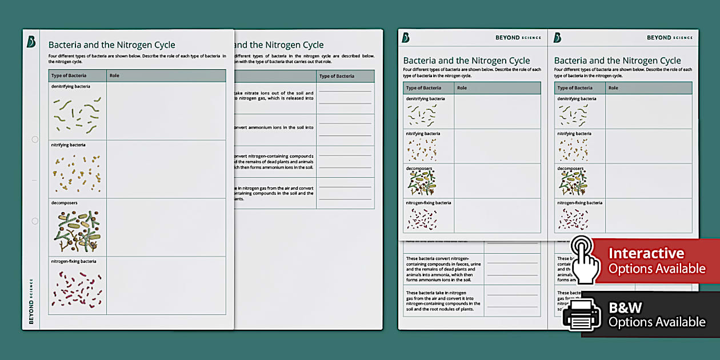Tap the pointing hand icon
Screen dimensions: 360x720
click(584, 260)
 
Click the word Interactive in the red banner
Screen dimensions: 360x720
click(646, 253)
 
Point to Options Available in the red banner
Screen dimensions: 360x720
click(657, 269)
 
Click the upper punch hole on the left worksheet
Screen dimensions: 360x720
click(35, 139)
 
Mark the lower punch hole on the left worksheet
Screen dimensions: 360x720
click(35, 221)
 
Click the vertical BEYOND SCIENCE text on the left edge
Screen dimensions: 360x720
click(31, 301)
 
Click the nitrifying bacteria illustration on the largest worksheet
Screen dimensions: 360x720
click(78, 173)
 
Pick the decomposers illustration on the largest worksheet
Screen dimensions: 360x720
click(78, 231)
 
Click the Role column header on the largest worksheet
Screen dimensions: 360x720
click(114, 76)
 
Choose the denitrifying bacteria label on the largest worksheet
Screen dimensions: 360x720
click(71, 86)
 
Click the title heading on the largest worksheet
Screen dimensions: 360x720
click(111, 45)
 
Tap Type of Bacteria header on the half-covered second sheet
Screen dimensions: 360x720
click(337, 76)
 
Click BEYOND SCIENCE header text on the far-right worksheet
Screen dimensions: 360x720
click(669, 38)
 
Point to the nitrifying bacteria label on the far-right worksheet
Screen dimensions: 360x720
click(574, 134)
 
